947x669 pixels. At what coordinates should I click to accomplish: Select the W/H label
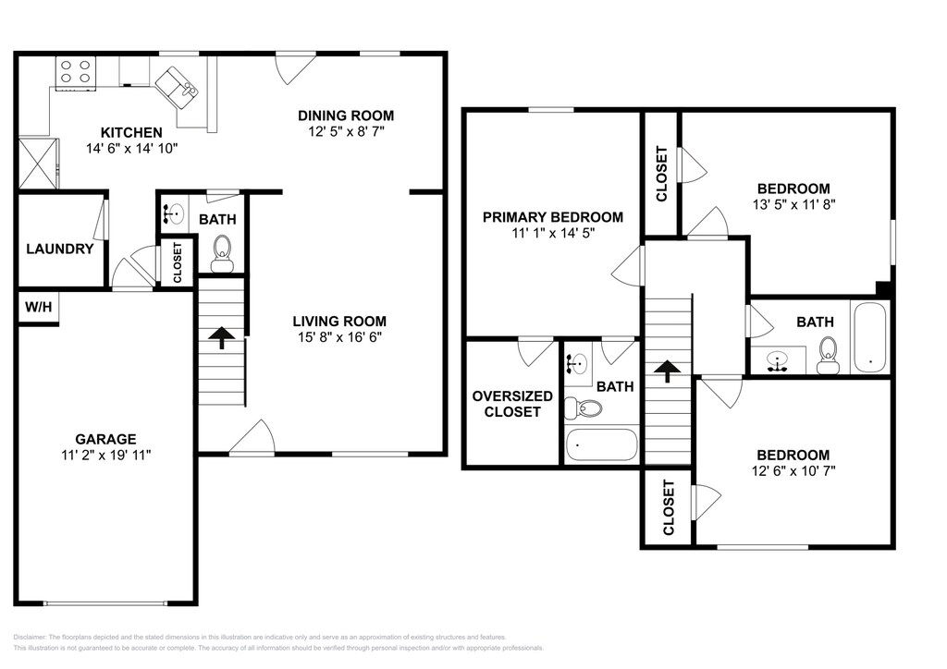[x=38, y=307]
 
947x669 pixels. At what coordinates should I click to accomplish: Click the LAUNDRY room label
[x=60, y=249]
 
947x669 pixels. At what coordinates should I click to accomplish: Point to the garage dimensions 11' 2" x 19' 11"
[x=105, y=455]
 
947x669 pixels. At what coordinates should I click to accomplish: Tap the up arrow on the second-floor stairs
[x=668, y=371]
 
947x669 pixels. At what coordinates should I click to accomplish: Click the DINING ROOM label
[x=346, y=116]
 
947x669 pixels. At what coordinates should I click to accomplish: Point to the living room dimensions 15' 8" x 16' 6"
[x=340, y=337]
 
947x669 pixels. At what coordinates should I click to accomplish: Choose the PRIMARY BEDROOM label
[x=553, y=216]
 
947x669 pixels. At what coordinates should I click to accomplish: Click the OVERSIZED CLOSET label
[x=512, y=404]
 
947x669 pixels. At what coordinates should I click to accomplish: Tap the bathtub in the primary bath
[x=601, y=444]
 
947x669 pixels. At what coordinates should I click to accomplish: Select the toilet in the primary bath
[x=584, y=409]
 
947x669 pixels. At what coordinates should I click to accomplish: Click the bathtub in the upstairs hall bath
[x=869, y=337]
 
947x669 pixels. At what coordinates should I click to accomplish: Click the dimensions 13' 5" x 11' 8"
[x=793, y=204]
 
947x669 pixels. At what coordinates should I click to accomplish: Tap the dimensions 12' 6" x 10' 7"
[x=793, y=471]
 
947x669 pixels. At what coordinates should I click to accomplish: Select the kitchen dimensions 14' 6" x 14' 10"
[x=131, y=149]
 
